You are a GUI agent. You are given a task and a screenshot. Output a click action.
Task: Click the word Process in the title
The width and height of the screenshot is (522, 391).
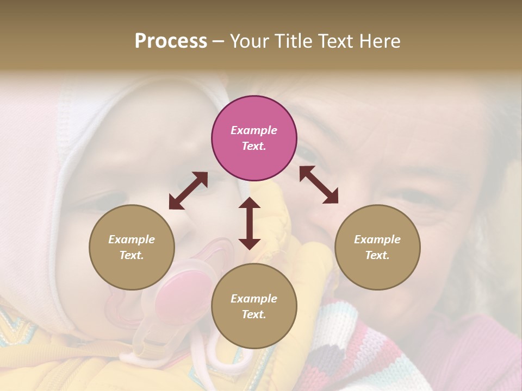(171, 41)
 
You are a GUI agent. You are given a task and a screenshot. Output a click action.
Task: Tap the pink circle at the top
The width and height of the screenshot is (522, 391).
(254, 138)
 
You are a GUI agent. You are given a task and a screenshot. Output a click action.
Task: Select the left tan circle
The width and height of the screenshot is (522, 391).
(132, 247)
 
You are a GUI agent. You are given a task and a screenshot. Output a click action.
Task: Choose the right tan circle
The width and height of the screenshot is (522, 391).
(377, 247)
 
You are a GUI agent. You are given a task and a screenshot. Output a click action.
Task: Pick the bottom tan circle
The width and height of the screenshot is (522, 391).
(254, 306)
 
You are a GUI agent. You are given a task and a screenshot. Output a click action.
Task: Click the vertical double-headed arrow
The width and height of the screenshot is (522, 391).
(250, 223)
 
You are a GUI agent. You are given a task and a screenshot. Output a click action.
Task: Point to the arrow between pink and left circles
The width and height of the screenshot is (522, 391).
(188, 191)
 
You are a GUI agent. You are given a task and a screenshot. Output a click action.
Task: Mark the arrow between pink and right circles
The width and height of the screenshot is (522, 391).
(319, 185)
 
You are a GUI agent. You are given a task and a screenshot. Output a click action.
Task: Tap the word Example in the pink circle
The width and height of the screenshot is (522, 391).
(254, 130)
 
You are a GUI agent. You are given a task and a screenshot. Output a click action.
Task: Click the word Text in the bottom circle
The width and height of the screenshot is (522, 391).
(253, 314)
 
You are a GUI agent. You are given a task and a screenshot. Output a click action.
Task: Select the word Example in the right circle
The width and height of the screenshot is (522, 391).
(377, 239)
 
